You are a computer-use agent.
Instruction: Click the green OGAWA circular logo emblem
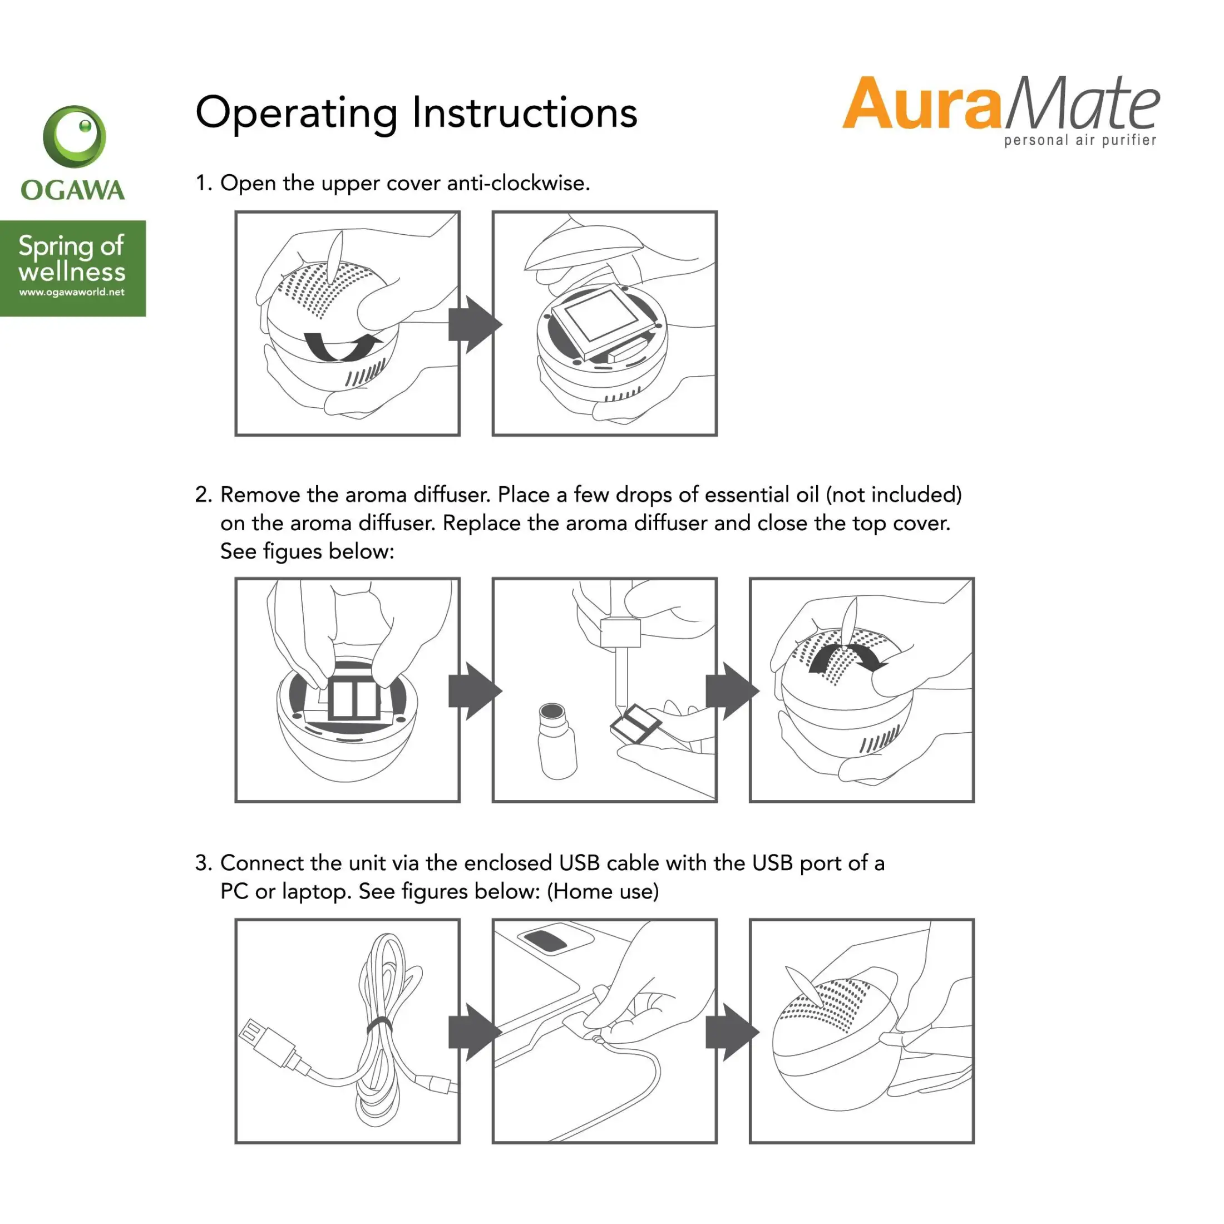tap(74, 136)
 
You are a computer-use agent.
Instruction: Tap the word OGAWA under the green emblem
tap(73, 190)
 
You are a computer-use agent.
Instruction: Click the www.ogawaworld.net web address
tap(72, 292)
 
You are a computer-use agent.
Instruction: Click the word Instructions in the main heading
tap(525, 113)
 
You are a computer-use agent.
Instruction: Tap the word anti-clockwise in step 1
tap(518, 183)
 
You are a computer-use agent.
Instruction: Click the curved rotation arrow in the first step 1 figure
tap(343, 346)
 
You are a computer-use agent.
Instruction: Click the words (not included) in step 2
tap(894, 495)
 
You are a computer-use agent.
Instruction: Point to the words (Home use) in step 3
tap(603, 891)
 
